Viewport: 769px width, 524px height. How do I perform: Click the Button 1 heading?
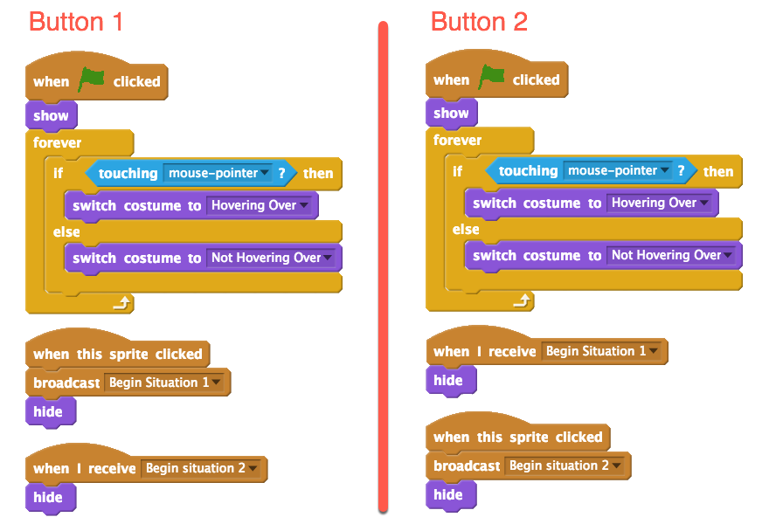(x=76, y=22)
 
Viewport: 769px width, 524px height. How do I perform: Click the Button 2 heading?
(x=479, y=22)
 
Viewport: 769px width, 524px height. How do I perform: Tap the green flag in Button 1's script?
(x=91, y=80)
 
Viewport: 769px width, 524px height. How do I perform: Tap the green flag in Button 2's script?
(x=491, y=78)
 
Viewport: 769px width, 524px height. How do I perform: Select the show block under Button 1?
(x=51, y=115)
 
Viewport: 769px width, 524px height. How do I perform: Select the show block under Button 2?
(x=451, y=113)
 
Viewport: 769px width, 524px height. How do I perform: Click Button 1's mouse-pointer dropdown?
(x=219, y=173)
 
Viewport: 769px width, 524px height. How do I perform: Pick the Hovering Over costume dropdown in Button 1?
(x=260, y=205)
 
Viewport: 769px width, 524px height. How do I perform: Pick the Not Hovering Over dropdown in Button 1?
(x=272, y=258)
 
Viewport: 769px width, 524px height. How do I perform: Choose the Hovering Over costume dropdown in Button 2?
(x=660, y=203)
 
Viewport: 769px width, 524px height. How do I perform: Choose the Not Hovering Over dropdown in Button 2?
(x=672, y=255)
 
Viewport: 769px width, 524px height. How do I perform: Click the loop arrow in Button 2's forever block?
(x=522, y=300)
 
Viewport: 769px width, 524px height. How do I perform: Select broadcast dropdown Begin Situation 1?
(x=164, y=383)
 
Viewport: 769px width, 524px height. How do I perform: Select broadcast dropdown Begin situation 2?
(x=565, y=465)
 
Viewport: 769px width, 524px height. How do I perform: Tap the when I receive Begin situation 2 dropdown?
(x=202, y=468)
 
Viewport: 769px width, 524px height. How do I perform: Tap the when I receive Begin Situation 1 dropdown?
(x=602, y=351)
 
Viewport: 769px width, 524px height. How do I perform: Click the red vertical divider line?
(x=383, y=262)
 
